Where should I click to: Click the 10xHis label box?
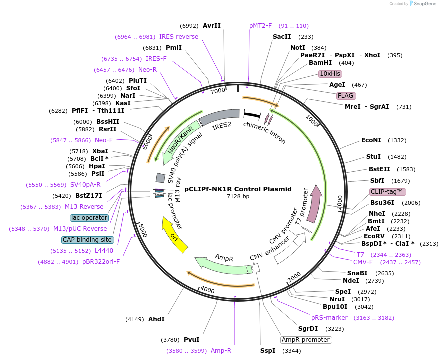pos(330,74)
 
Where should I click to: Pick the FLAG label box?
pos(346,95)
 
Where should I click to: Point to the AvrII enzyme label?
pos(212,26)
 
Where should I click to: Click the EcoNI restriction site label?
pos(371,141)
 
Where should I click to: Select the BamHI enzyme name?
pos(320,63)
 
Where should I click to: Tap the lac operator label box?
pos(89,218)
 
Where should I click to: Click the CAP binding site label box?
pos(87,240)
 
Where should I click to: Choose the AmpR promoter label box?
pos(306,340)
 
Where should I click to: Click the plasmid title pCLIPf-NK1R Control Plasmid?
pos(238,189)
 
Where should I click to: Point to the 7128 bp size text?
pos(238,197)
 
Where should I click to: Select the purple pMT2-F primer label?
pos(261,26)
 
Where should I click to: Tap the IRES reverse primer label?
pos(179,37)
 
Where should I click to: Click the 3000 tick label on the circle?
pos(294,276)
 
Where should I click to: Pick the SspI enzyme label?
pos(268,351)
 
